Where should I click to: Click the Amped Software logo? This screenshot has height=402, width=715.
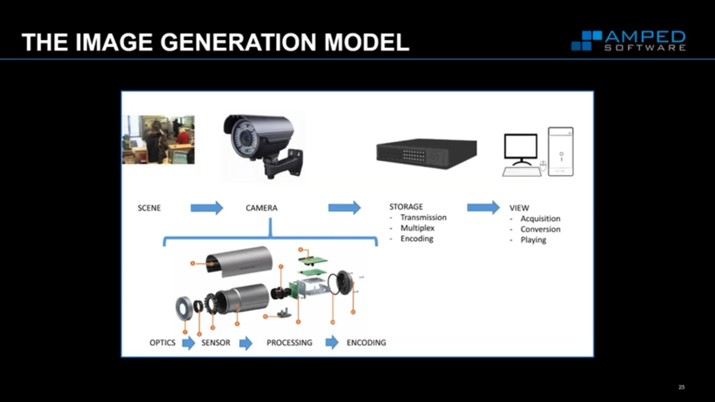[628, 41]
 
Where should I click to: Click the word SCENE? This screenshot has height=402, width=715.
[149, 208]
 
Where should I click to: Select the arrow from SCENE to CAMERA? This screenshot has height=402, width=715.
[207, 208]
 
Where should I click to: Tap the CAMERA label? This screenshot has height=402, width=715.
[262, 208]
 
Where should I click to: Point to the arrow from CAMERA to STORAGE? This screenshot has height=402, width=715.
[344, 208]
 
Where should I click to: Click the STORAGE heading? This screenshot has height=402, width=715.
[406, 207]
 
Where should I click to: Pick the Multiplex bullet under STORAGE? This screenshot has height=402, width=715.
[417, 228]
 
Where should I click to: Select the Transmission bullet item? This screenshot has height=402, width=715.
[423, 217]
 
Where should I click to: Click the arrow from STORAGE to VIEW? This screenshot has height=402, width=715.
[483, 207]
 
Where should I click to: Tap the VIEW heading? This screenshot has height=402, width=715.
[519, 208]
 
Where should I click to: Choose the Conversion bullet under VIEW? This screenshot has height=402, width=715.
[540, 229]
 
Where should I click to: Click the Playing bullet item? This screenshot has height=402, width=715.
[533, 240]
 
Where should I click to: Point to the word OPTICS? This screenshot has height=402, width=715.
[163, 343]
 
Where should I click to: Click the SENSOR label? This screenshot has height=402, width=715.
[216, 343]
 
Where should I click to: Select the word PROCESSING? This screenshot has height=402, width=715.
[289, 343]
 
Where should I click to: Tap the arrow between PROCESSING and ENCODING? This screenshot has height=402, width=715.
[332, 343]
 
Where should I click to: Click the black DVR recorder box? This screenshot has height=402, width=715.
[426, 152]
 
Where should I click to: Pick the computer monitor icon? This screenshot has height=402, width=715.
[520, 149]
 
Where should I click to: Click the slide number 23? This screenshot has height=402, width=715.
[682, 387]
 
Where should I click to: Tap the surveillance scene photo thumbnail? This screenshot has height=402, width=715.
[158, 140]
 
